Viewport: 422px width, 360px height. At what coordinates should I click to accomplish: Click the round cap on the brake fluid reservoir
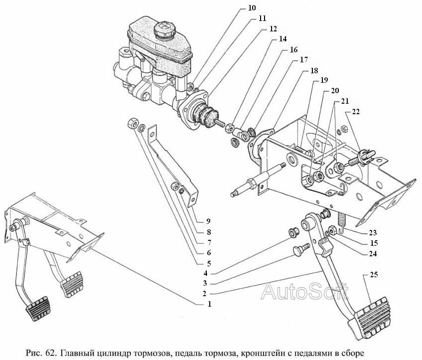tap(165, 30)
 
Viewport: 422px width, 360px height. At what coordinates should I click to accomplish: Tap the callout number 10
tap(252, 8)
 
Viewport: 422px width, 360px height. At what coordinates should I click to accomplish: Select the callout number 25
tap(374, 275)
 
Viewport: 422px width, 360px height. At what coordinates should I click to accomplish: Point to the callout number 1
tap(209, 304)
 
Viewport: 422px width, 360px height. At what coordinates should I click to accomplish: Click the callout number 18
tap(314, 70)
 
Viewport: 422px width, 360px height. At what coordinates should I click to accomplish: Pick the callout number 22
tap(356, 112)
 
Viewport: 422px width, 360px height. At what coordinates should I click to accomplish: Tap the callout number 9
tap(208, 221)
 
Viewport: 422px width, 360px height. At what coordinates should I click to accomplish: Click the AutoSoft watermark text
tap(304, 291)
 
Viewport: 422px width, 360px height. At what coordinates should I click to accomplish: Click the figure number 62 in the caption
tap(51, 353)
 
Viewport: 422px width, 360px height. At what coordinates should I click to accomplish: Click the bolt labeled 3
tap(301, 249)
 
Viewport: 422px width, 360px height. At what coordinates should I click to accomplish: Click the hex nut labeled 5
tap(132, 123)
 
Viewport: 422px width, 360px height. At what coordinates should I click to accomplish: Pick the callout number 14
tap(282, 39)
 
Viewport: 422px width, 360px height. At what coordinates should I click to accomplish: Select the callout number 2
tap(205, 294)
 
